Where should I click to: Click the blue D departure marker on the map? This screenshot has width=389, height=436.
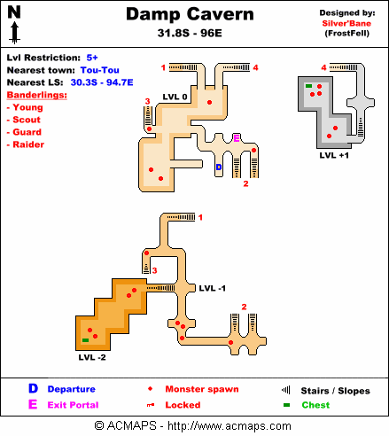[219, 167]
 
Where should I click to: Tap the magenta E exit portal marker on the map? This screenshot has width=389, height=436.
[237, 138]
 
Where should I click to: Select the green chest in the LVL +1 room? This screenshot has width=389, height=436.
[308, 86]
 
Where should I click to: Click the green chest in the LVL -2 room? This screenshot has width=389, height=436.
[85, 340]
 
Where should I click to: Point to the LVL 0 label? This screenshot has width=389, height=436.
[175, 97]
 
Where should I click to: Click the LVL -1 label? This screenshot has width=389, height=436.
[213, 288]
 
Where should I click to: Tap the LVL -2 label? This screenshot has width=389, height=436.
[92, 357]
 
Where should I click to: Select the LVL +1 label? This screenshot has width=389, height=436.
[334, 155]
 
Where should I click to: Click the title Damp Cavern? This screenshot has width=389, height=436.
[190, 14]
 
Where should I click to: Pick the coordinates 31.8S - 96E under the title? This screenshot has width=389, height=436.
[190, 33]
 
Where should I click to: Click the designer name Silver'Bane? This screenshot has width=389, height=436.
[346, 24]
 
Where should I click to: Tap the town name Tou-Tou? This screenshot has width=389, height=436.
[100, 70]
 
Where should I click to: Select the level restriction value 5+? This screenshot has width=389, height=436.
[92, 58]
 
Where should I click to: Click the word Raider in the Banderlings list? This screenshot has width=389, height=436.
[28, 144]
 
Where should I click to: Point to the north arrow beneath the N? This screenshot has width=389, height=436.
[15, 34]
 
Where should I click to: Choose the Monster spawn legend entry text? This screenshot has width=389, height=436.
[202, 389]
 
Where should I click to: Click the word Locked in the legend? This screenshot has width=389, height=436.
[183, 405]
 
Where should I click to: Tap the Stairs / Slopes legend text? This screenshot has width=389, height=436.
[335, 391]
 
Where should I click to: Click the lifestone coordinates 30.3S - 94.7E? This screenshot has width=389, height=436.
[102, 82]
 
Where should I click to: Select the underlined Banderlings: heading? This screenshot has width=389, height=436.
[37, 95]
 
